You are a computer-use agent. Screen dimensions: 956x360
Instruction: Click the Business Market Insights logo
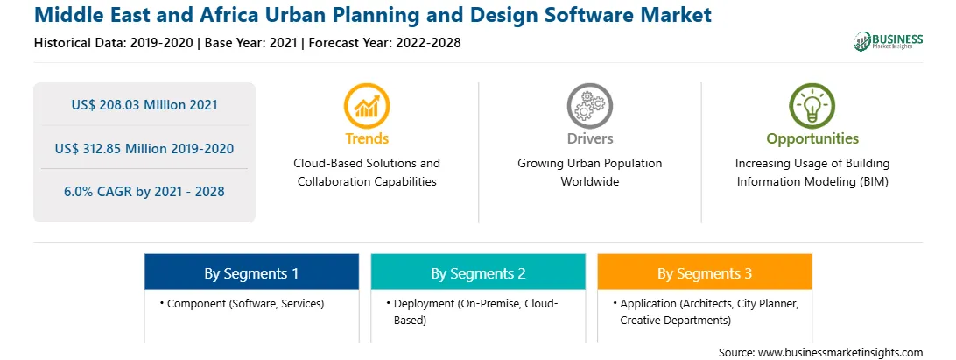(x=889, y=41)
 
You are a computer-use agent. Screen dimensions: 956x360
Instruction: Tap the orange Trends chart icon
(x=367, y=106)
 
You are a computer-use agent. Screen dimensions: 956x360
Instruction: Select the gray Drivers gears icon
(x=589, y=106)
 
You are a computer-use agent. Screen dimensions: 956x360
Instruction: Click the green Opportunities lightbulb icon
(x=812, y=106)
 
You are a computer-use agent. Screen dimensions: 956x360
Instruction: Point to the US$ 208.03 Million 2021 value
(x=144, y=105)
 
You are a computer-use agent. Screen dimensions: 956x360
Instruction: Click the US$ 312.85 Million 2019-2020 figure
(x=144, y=148)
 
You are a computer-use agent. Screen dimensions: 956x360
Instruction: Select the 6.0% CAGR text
(x=144, y=192)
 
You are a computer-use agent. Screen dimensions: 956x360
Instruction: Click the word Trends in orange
(x=367, y=138)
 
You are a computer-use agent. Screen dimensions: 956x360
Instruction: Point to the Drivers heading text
(x=589, y=138)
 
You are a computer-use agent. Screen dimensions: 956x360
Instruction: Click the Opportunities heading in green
(x=812, y=139)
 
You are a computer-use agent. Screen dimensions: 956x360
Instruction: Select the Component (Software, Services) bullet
(x=242, y=303)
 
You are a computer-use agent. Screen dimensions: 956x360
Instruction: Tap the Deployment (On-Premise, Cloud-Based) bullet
(x=472, y=311)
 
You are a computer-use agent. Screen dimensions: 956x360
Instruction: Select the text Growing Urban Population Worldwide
(x=589, y=173)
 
